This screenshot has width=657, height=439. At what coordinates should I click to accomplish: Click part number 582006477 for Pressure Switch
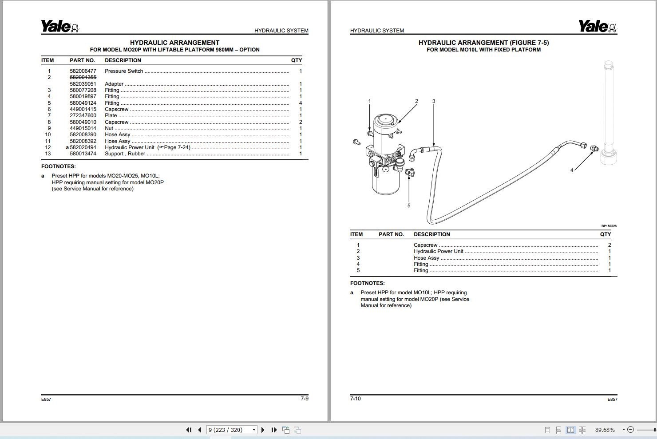coord(83,71)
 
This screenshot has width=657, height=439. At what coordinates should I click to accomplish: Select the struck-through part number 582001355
coord(83,77)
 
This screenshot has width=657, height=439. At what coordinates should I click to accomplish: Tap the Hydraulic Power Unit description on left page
coord(130,147)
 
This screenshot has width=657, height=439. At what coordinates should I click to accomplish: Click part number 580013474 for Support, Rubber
coord(83,154)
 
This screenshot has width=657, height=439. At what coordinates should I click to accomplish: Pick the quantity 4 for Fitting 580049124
coord(301,103)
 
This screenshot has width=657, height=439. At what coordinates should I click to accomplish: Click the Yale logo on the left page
coord(60,27)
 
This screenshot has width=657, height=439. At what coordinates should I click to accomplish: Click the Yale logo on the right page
coord(597,27)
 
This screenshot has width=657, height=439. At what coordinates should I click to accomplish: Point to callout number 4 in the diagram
coord(572,170)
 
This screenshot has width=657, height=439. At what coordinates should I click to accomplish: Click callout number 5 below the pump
coord(409,206)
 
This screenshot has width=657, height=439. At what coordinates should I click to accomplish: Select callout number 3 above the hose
coord(434,101)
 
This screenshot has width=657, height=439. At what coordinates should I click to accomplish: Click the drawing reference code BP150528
coord(609,226)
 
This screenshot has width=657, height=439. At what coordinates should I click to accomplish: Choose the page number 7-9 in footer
coord(304,398)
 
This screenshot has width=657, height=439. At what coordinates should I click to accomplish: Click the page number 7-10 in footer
coord(355,398)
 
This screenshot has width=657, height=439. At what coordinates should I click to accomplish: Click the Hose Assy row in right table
coord(426,258)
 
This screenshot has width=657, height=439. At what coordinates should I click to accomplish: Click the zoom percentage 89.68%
coord(605,430)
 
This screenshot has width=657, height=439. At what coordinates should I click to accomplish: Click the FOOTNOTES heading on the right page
coord(367,283)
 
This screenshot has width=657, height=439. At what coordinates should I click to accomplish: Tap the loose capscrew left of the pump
coord(356,142)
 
